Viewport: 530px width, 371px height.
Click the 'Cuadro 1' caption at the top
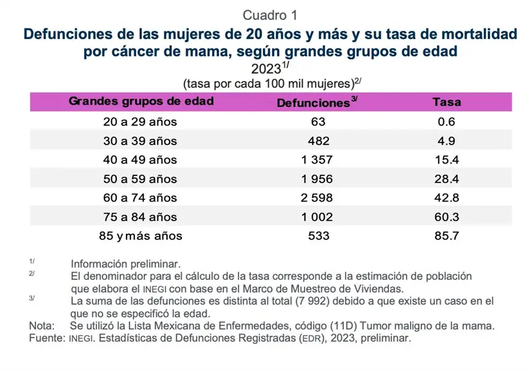270,14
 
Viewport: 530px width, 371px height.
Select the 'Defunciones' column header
312,103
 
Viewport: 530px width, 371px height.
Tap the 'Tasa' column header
446,102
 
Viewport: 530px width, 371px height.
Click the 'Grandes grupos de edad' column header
141,101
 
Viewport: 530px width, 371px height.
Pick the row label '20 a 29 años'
141,121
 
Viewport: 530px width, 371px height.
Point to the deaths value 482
318,141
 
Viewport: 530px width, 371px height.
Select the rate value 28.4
446,178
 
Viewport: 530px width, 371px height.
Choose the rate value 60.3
446,217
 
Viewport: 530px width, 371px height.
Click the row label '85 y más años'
141,236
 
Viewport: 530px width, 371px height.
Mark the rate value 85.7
446,236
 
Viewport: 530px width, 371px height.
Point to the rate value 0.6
446,121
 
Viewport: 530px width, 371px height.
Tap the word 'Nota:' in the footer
42,326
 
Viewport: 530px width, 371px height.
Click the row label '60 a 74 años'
141,198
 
